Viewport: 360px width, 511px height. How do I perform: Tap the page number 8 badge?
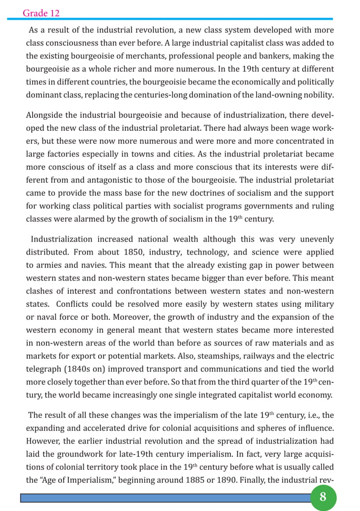coord(323,497)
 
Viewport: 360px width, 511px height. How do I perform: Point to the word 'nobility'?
coord(315,95)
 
